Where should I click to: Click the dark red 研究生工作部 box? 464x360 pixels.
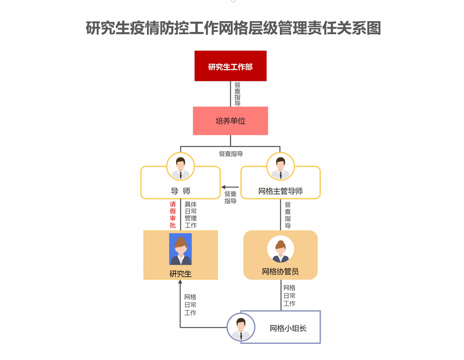[x=230, y=66]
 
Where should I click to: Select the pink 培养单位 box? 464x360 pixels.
[x=230, y=121]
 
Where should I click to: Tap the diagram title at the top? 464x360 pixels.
[x=233, y=28]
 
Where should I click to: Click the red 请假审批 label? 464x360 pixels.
[x=173, y=215]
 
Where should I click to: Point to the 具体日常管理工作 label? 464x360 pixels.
[x=191, y=215]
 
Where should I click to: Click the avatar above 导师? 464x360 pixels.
[x=180, y=166]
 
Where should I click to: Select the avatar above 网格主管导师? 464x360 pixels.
[x=280, y=166]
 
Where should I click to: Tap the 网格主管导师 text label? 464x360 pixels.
[x=280, y=191]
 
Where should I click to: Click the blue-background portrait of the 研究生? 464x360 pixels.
[x=180, y=249]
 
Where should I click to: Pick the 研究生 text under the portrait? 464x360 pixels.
[x=180, y=274]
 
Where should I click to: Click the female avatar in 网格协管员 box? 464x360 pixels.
[x=280, y=250]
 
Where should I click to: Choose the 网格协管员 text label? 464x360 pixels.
[x=280, y=272]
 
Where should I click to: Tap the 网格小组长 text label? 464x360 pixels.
[x=288, y=328]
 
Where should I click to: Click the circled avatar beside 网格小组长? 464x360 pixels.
[x=241, y=327]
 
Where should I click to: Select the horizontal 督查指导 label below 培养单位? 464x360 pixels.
[x=231, y=154]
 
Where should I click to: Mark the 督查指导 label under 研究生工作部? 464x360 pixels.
[x=237, y=94]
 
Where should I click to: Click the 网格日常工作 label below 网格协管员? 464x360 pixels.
[x=289, y=296]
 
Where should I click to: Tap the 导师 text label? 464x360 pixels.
[x=180, y=191]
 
